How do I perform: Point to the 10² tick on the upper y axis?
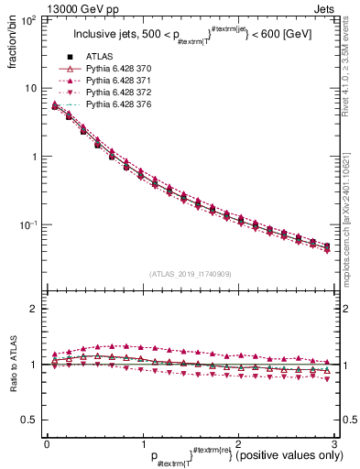pos(30,19)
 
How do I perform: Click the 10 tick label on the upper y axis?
pos(32,88)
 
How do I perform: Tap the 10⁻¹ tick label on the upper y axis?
pos(30,224)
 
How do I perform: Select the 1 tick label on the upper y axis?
pos(36,157)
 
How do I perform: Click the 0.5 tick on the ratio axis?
pos(30,420)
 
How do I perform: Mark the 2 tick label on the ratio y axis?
pos(36,309)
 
